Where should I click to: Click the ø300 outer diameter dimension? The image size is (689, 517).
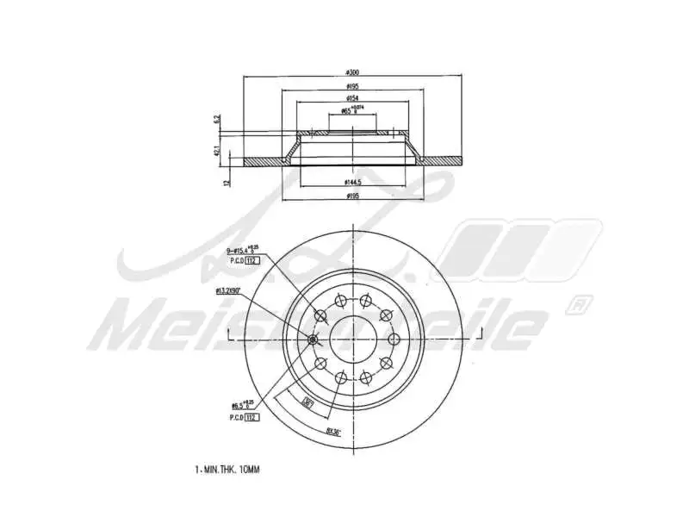(353, 72)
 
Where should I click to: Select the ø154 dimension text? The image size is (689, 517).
(353, 99)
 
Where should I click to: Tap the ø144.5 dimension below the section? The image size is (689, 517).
(353, 182)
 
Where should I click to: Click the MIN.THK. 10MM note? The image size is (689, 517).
(227, 470)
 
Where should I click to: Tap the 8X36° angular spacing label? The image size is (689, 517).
(333, 432)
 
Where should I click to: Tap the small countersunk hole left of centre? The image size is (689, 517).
(312, 339)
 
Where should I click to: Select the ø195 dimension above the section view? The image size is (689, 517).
(353, 86)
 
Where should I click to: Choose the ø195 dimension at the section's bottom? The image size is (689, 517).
(353, 196)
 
